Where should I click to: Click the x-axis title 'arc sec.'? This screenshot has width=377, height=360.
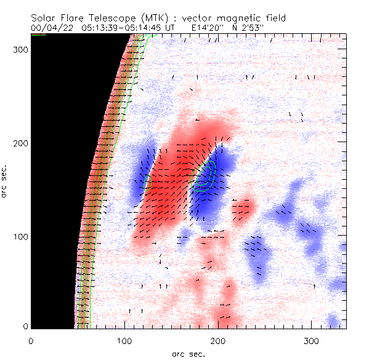(x=188, y=353)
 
